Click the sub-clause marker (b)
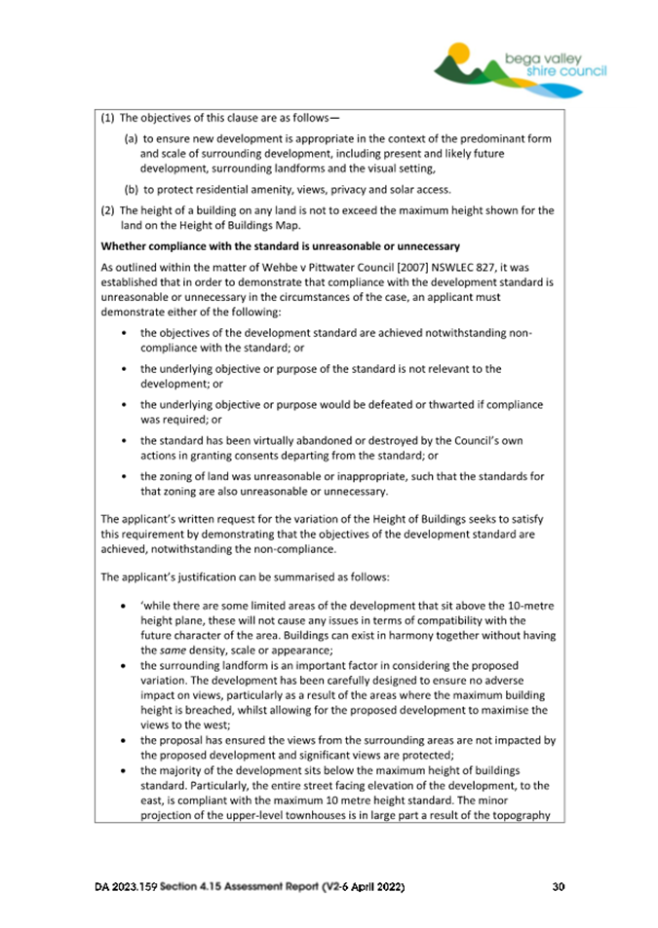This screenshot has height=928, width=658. [x=132, y=189]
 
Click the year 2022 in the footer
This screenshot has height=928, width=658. [x=383, y=887]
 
